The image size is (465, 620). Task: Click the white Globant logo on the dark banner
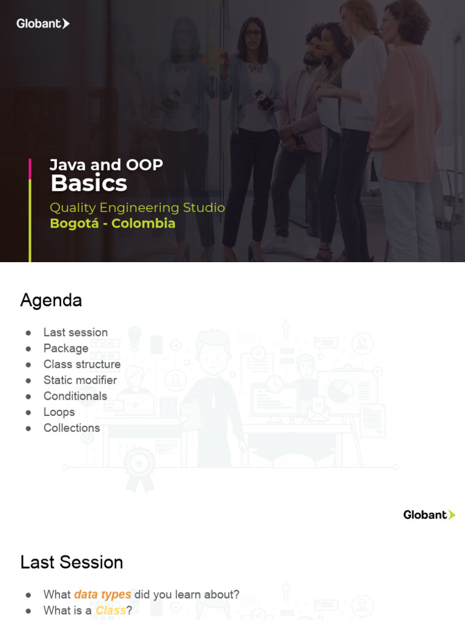42,24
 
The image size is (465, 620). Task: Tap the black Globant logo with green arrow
429,515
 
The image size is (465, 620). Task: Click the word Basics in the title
89,183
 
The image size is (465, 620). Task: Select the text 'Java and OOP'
106,165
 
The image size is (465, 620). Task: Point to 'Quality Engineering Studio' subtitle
137,208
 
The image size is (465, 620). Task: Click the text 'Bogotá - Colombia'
113,223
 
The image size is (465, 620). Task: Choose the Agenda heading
51,300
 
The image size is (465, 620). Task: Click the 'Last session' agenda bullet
75,332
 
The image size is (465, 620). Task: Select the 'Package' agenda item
65,348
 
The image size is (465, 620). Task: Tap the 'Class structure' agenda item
82,364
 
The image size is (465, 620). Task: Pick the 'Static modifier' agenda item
80,380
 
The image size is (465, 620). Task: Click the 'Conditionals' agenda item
75,396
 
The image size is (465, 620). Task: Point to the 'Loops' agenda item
59,412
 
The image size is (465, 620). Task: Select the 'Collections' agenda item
71,427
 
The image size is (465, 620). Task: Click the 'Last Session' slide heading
71,562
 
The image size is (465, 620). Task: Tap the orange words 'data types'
102,595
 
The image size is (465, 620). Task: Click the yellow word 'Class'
111,610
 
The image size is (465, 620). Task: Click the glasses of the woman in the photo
254,34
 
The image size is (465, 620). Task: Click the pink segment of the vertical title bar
30,169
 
